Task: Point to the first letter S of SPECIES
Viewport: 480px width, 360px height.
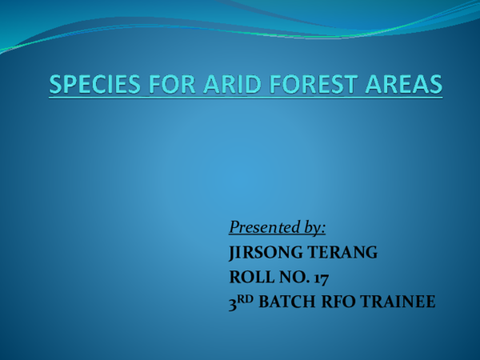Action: point(57,85)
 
